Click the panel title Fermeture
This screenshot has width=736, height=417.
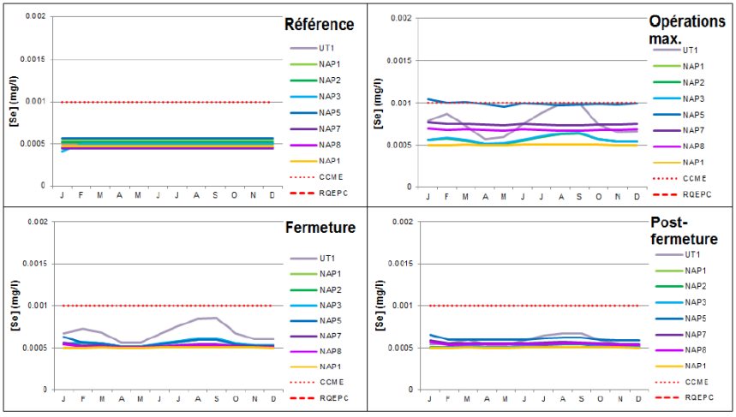pos(318,229)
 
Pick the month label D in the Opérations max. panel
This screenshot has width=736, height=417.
pos(637,197)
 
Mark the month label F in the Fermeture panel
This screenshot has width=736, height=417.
pos(82,400)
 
